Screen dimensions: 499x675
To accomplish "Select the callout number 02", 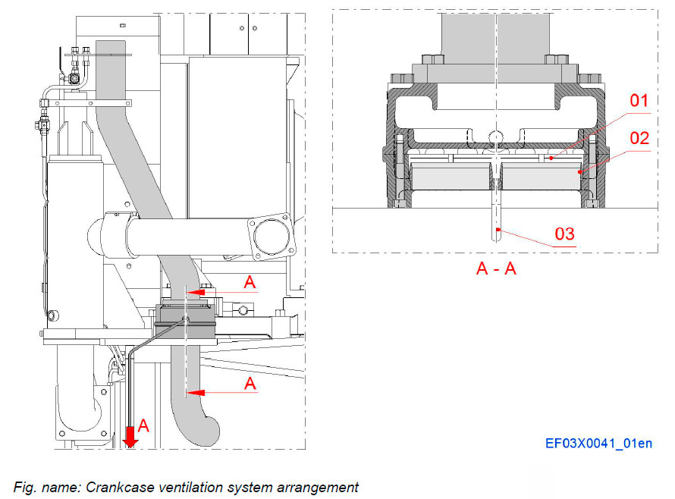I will (x=639, y=139).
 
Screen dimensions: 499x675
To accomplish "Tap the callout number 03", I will (x=565, y=234).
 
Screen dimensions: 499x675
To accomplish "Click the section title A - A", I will (x=496, y=268).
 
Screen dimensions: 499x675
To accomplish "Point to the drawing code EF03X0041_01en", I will (x=598, y=444).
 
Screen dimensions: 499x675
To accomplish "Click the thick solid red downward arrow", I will (x=130, y=435).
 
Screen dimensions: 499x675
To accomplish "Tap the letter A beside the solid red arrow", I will (x=143, y=426).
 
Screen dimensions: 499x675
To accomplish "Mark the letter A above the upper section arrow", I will (x=250, y=282).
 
